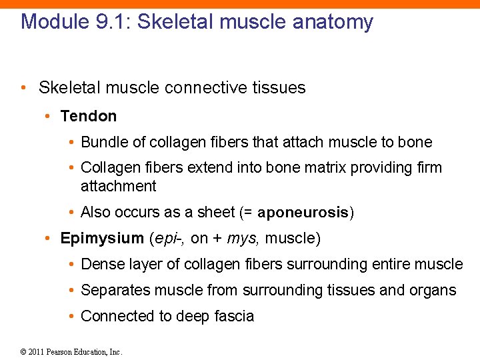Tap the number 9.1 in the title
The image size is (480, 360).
pyautogui.click(x=105, y=21)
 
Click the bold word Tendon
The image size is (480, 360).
pyautogui.click(x=88, y=116)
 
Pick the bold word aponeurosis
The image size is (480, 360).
pyautogui.click(x=303, y=213)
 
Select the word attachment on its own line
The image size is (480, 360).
pyautogui.click(x=118, y=186)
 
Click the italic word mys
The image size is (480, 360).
pyautogui.click(x=239, y=239)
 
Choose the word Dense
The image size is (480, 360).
pyautogui.click(x=101, y=264)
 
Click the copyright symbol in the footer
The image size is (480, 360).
pyautogui.click(x=23, y=352)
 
